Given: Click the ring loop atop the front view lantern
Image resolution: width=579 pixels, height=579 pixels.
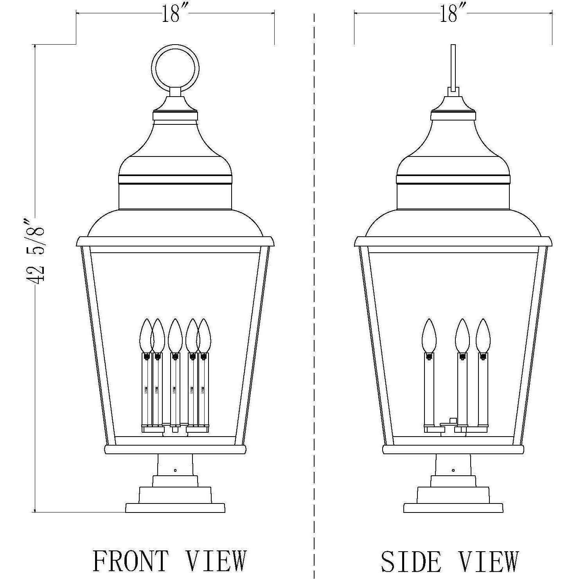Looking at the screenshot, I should point(176,68).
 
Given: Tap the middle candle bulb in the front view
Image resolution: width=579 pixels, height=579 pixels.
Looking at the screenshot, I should point(175,334).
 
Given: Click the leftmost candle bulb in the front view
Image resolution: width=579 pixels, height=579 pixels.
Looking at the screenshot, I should point(146,334).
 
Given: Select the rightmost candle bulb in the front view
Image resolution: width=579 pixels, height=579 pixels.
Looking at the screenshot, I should point(204,334).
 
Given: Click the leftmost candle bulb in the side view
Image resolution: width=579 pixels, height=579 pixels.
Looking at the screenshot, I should point(429,334).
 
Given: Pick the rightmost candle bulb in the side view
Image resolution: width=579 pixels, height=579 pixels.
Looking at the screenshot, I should point(483,334).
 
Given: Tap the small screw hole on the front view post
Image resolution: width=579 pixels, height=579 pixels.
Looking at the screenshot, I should point(175,470).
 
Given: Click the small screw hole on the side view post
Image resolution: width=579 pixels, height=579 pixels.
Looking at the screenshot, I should point(453,470).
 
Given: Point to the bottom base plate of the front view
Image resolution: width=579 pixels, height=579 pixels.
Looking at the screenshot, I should point(175,508).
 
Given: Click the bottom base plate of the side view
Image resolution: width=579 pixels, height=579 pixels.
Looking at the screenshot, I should point(453,508).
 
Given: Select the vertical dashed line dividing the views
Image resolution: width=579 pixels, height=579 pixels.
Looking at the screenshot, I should point(314,274).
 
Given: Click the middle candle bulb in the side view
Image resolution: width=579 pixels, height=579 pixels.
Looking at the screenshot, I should point(462,334).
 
